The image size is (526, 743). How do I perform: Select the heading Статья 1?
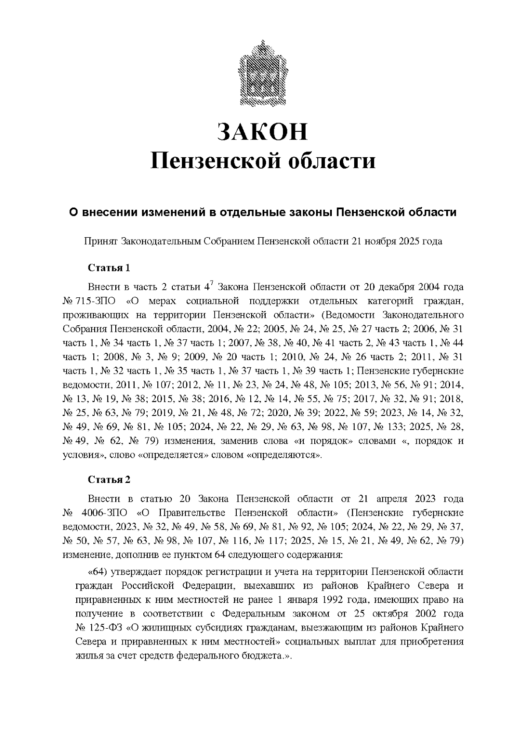coord(109,268)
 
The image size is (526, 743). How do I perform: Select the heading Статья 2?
coord(109,479)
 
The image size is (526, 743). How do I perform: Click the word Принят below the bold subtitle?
coord(100,241)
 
